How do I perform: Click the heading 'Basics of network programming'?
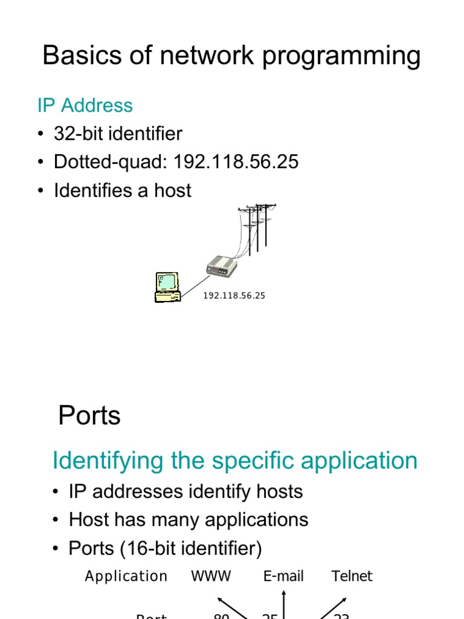point(231,56)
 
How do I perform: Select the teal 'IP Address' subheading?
point(85,105)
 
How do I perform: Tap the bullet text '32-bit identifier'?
point(118,134)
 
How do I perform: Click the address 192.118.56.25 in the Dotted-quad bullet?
point(236,162)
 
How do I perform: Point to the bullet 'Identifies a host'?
point(122,190)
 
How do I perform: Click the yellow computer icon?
point(167,287)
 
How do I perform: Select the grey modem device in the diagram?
point(221,266)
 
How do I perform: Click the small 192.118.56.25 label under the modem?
point(234,296)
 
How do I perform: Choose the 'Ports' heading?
point(89,416)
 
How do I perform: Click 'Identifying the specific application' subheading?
point(235,461)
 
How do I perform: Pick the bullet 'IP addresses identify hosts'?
point(185,491)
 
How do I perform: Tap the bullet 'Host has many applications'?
point(188,520)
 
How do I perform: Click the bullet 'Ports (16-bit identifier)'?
point(165,548)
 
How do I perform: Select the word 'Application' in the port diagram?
point(126,577)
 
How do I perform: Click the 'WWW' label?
point(211,577)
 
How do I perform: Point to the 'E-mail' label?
point(283,577)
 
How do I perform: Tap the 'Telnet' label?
point(352,577)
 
